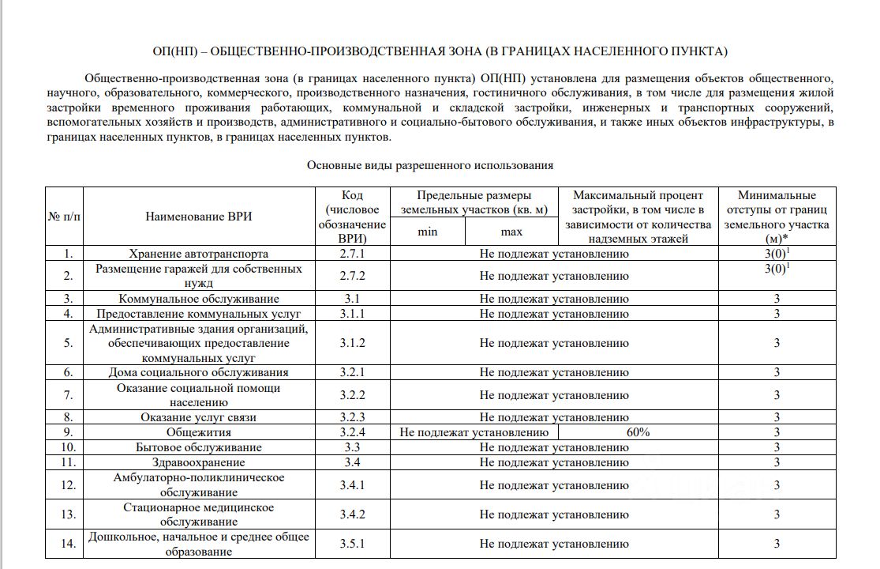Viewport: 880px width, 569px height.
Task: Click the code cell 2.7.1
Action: coord(353,254)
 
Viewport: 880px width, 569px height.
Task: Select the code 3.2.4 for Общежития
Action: coord(353,432)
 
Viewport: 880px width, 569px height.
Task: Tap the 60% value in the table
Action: coord(638,432)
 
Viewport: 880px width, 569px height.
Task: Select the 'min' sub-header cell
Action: coord(428,232)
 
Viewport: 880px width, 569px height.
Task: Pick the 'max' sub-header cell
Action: coord(511,232)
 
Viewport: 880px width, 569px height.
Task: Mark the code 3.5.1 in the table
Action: coord(353,544)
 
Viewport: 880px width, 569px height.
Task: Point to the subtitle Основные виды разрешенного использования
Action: coord(430,165)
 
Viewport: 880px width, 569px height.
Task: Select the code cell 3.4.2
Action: coord(353,514)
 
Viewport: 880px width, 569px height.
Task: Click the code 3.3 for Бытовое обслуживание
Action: coord(353,447)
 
